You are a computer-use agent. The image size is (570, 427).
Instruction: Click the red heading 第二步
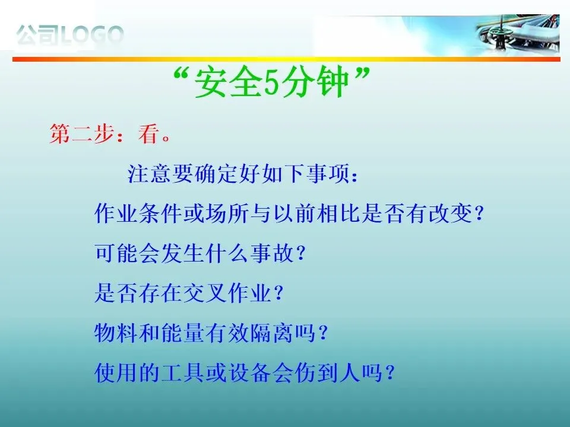click(x=82, y=133)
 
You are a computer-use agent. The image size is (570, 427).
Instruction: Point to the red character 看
click(x=148, y=133)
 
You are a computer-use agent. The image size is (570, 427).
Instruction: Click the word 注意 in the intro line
click(x=150, y=174)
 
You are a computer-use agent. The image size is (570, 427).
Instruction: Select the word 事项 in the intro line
click(x=327, y=174)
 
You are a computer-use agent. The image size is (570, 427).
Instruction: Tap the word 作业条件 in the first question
click(x=138, y=213)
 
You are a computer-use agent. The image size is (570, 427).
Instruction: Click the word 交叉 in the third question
click(x=205, y=293)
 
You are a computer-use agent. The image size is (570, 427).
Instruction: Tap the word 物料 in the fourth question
click(x=116, y=333)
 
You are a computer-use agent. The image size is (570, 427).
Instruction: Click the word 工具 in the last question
click(x=183, y=373)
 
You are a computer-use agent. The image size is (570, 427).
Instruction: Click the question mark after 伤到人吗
click(x=390, y=373)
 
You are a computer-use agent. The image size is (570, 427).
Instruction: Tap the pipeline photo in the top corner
click(x=518, y=34)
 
